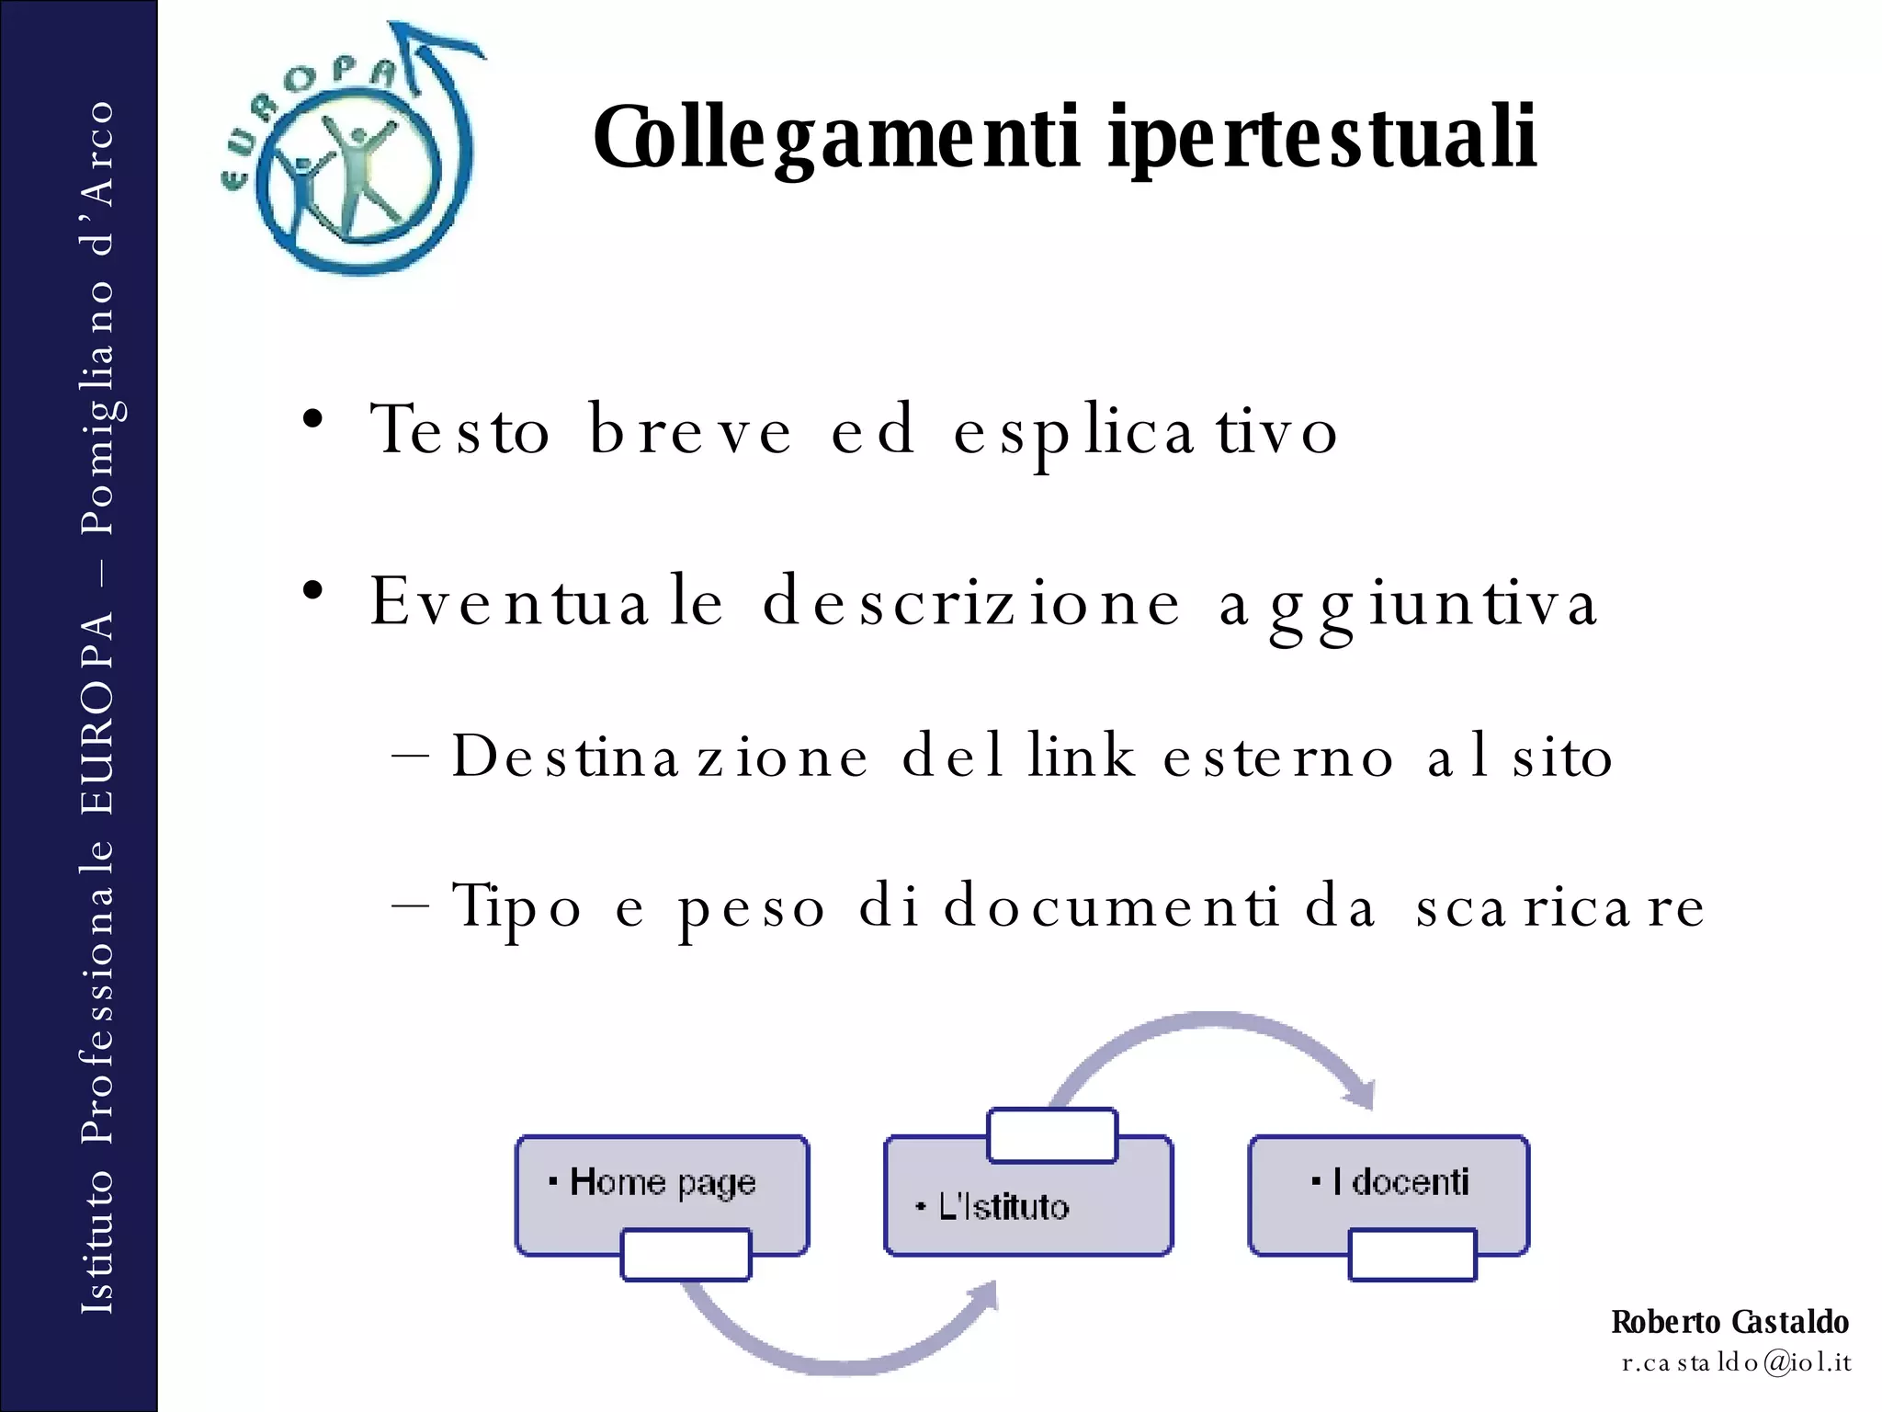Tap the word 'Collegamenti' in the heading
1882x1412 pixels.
tap(836, 138)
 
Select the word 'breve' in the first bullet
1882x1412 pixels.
tap(689, 429)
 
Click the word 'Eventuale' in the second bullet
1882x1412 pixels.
tap(548, 602)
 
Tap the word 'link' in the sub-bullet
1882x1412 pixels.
tap(1082, 757)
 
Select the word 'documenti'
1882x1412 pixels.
tap(1111, 906)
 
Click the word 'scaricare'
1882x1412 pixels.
tap(1559, 906)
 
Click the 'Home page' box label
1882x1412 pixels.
tap(662, 1182)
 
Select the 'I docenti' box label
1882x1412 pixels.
tap(1400, 1182)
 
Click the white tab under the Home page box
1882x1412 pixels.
tap(686, 1255)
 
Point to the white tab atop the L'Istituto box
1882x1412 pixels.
tap(1052, 1135)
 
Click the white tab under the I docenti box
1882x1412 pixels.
tap(1412, 1255)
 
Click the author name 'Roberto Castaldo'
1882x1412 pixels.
tap(1729, 1322)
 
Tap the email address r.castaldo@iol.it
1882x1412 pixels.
tap(1736, 1362)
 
